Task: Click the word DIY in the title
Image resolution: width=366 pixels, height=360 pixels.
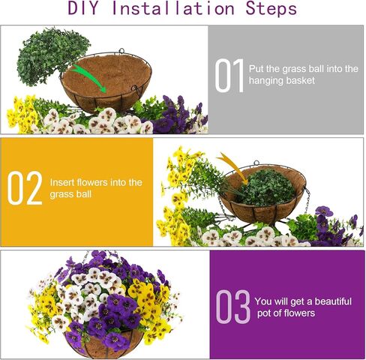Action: (x=82, y=8)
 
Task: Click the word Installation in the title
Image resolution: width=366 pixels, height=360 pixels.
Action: (x=173, y=8)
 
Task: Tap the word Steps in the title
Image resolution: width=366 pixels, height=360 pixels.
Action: (x=271, y=8)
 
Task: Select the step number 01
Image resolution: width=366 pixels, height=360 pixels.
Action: (x=229, y=76)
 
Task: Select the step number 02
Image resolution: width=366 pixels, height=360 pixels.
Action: (x=25, y=188)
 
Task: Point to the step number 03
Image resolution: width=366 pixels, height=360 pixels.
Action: (x=233, y=306)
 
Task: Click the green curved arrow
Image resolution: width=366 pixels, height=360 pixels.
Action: (x=89, y=78)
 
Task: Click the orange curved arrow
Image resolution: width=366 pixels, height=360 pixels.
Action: (x=232, y=168)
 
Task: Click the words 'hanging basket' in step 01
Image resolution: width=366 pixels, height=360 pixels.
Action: (x=282, y=81)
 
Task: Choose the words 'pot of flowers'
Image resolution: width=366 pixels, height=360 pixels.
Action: (x=286, y=313)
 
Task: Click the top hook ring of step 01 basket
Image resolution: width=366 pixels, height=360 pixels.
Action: (x=121, y=51)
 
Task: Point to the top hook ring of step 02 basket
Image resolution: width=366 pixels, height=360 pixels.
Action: (x=256, y=163)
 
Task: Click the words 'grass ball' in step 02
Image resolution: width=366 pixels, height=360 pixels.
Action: (x=70, y=194)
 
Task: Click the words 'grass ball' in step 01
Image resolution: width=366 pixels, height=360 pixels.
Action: (x=303, y=69)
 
